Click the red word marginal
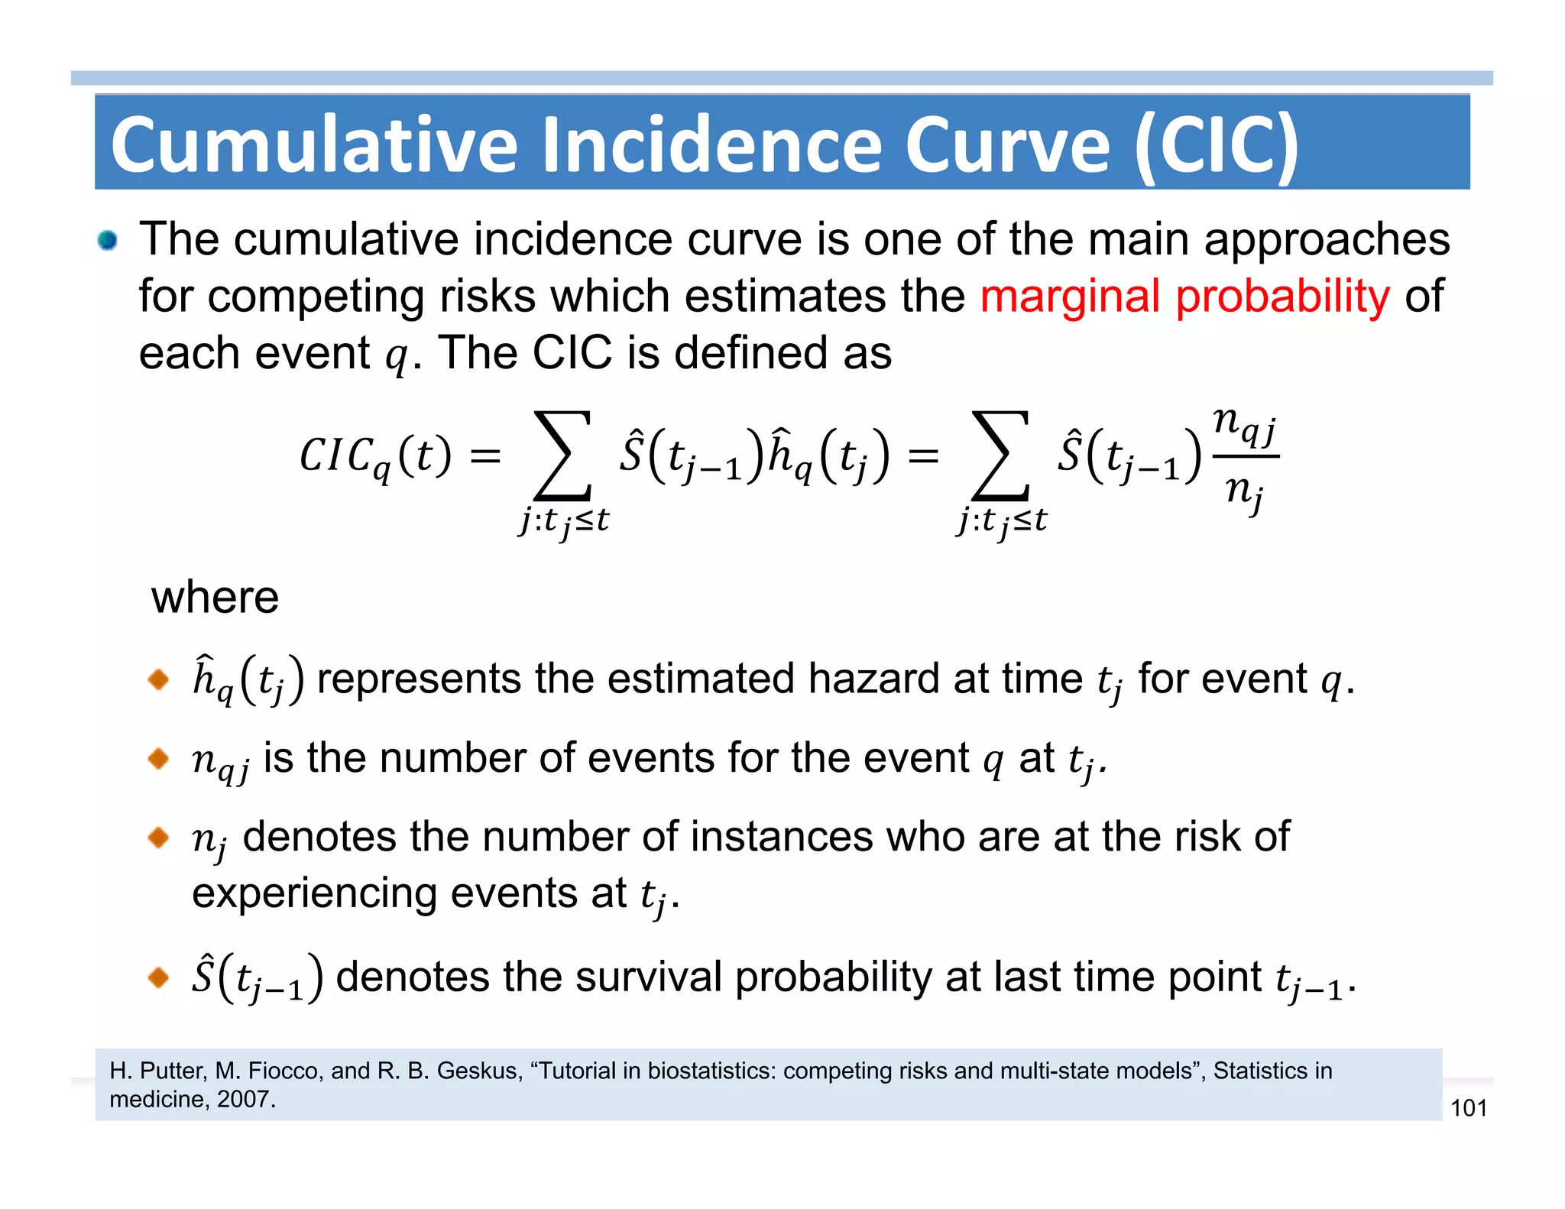(1070, 297)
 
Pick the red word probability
(1282, 297)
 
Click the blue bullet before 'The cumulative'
(108, 241)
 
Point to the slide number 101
(1468, 1108)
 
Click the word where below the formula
(215, 597)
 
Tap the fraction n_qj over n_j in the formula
(1245, 458)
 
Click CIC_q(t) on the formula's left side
(374, 458)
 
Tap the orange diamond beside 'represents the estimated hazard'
(158, 679)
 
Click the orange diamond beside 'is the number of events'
(158, 758)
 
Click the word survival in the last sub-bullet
(648, 977)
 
